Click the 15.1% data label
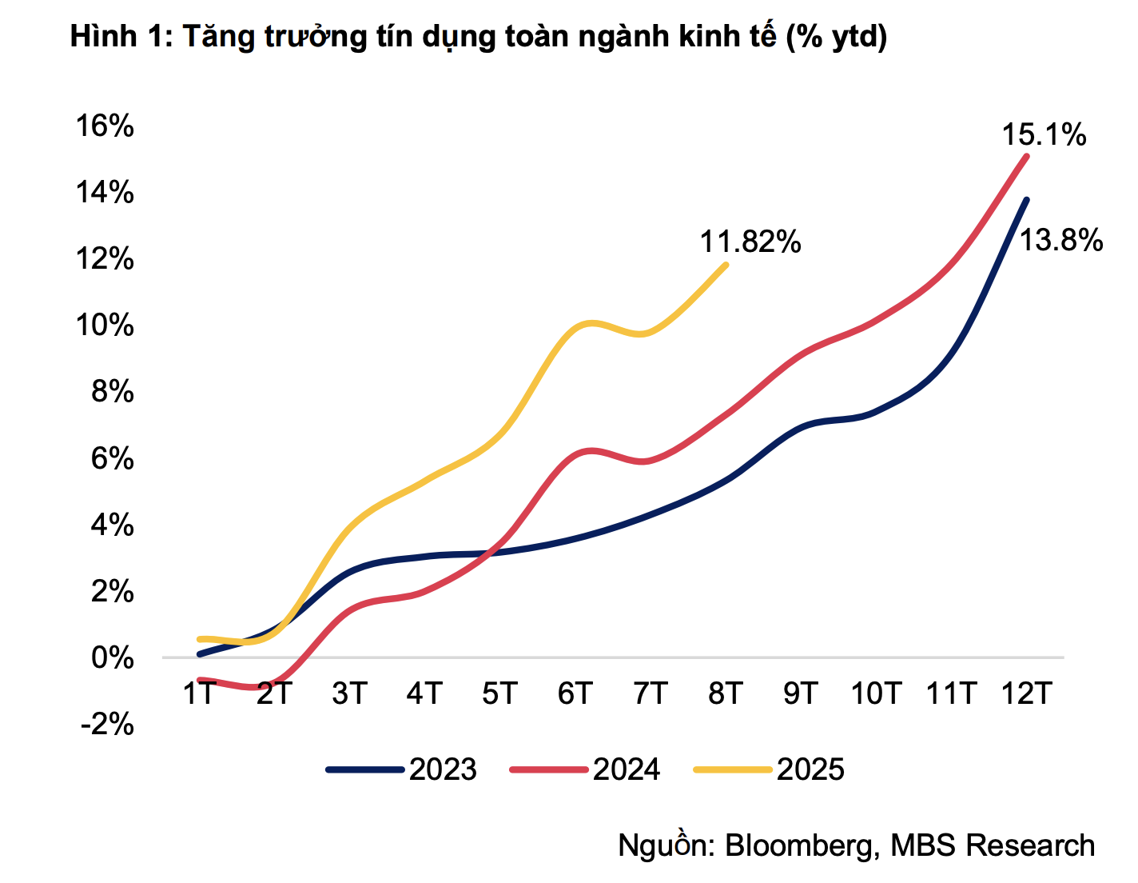click(1044, 135)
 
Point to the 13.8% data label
click(1060, 240)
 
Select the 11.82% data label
click(750, 242)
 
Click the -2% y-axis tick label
click(107, 725)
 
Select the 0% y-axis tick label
click(112, 658)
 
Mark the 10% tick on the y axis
click(105, 326)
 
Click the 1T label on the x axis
click(200, 693)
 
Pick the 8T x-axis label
click(726, 693)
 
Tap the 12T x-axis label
click(1027, 693)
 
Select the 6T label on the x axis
click(575, 693)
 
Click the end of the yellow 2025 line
click(726, 265)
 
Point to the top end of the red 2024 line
click(1027, 156)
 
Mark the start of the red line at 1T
click(199, 680)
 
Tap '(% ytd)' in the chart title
click(836, 37)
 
